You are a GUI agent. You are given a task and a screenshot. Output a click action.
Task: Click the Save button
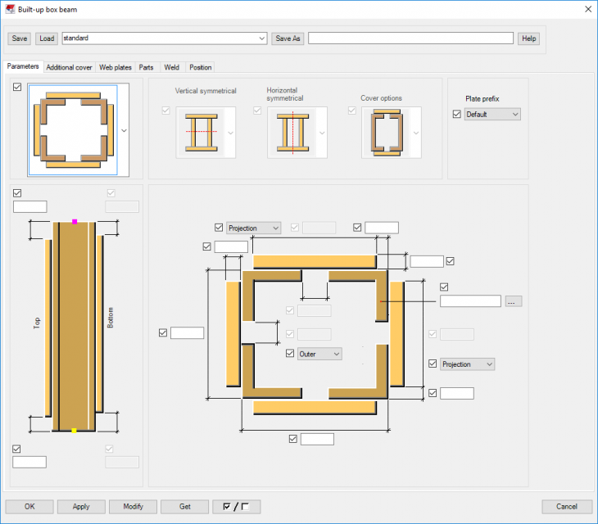(20, 38)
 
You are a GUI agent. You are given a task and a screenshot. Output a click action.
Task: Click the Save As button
(288, 38)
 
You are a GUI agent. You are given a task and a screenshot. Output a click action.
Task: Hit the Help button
(528, 38)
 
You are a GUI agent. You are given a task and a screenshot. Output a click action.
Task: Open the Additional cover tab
(69, 67)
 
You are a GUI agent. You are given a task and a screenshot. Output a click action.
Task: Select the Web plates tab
(116, 67)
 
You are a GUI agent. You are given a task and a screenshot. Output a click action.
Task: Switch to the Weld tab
(171, 67)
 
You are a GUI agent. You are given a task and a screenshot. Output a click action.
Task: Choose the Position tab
(200, 67)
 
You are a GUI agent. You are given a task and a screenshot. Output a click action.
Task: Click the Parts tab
(146, 67)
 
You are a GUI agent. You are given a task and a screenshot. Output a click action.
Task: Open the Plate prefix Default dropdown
(492, 115)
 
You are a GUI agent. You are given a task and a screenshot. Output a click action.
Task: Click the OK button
(29, 506)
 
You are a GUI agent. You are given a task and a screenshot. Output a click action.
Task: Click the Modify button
(133, 506)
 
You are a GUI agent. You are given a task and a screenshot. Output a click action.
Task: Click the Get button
(184, 506)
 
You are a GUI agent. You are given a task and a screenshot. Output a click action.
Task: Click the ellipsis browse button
(514, 301)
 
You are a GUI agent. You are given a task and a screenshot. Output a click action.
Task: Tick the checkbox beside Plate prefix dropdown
(457, 115)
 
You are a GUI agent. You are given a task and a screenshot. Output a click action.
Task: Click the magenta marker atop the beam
(75, 222)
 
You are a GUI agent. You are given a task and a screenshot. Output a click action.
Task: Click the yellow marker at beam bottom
(74, 430)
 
